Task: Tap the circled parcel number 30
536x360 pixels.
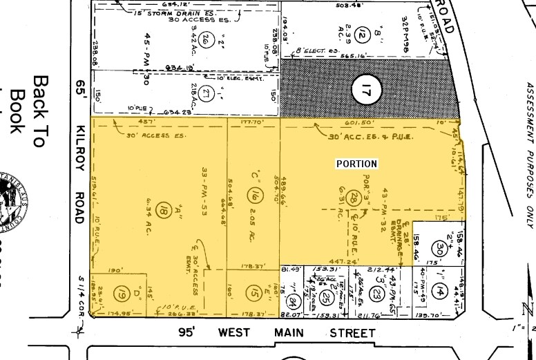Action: tap(437, 247)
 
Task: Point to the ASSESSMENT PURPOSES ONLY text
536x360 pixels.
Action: tap(529, 155)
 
